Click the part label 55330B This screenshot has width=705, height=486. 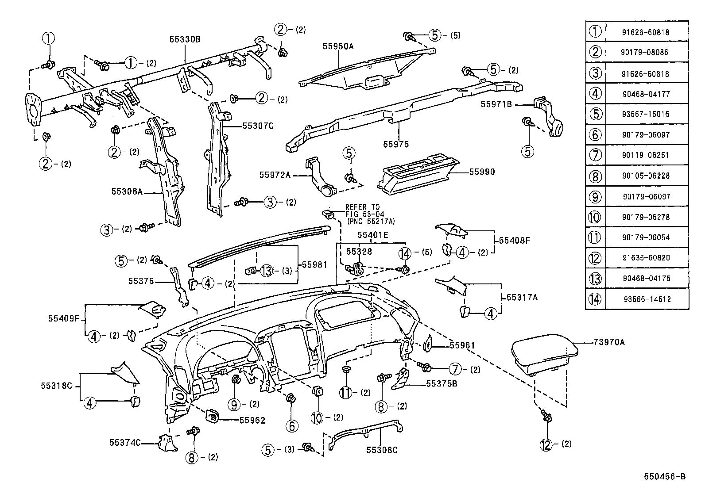[x=185, y=39]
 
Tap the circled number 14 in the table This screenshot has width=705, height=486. [x=595, y=299]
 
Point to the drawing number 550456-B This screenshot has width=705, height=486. [x=665, y=476]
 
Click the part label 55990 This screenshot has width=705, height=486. [x=482, y=172]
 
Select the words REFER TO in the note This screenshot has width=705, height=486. [x=362, y=207]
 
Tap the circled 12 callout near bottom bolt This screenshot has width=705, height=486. [x=546, y=444]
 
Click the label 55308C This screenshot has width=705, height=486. [x=382, y=450]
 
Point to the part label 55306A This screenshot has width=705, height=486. [x=127, y=191]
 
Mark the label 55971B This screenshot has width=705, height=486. [x=496, y=104]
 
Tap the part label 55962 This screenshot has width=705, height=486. [x=252, y=420]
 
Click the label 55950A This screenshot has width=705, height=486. [x=338, y=46]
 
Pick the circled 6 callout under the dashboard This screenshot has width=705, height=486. [x=292, y=426]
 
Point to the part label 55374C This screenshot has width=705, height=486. [x=125, y=442]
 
